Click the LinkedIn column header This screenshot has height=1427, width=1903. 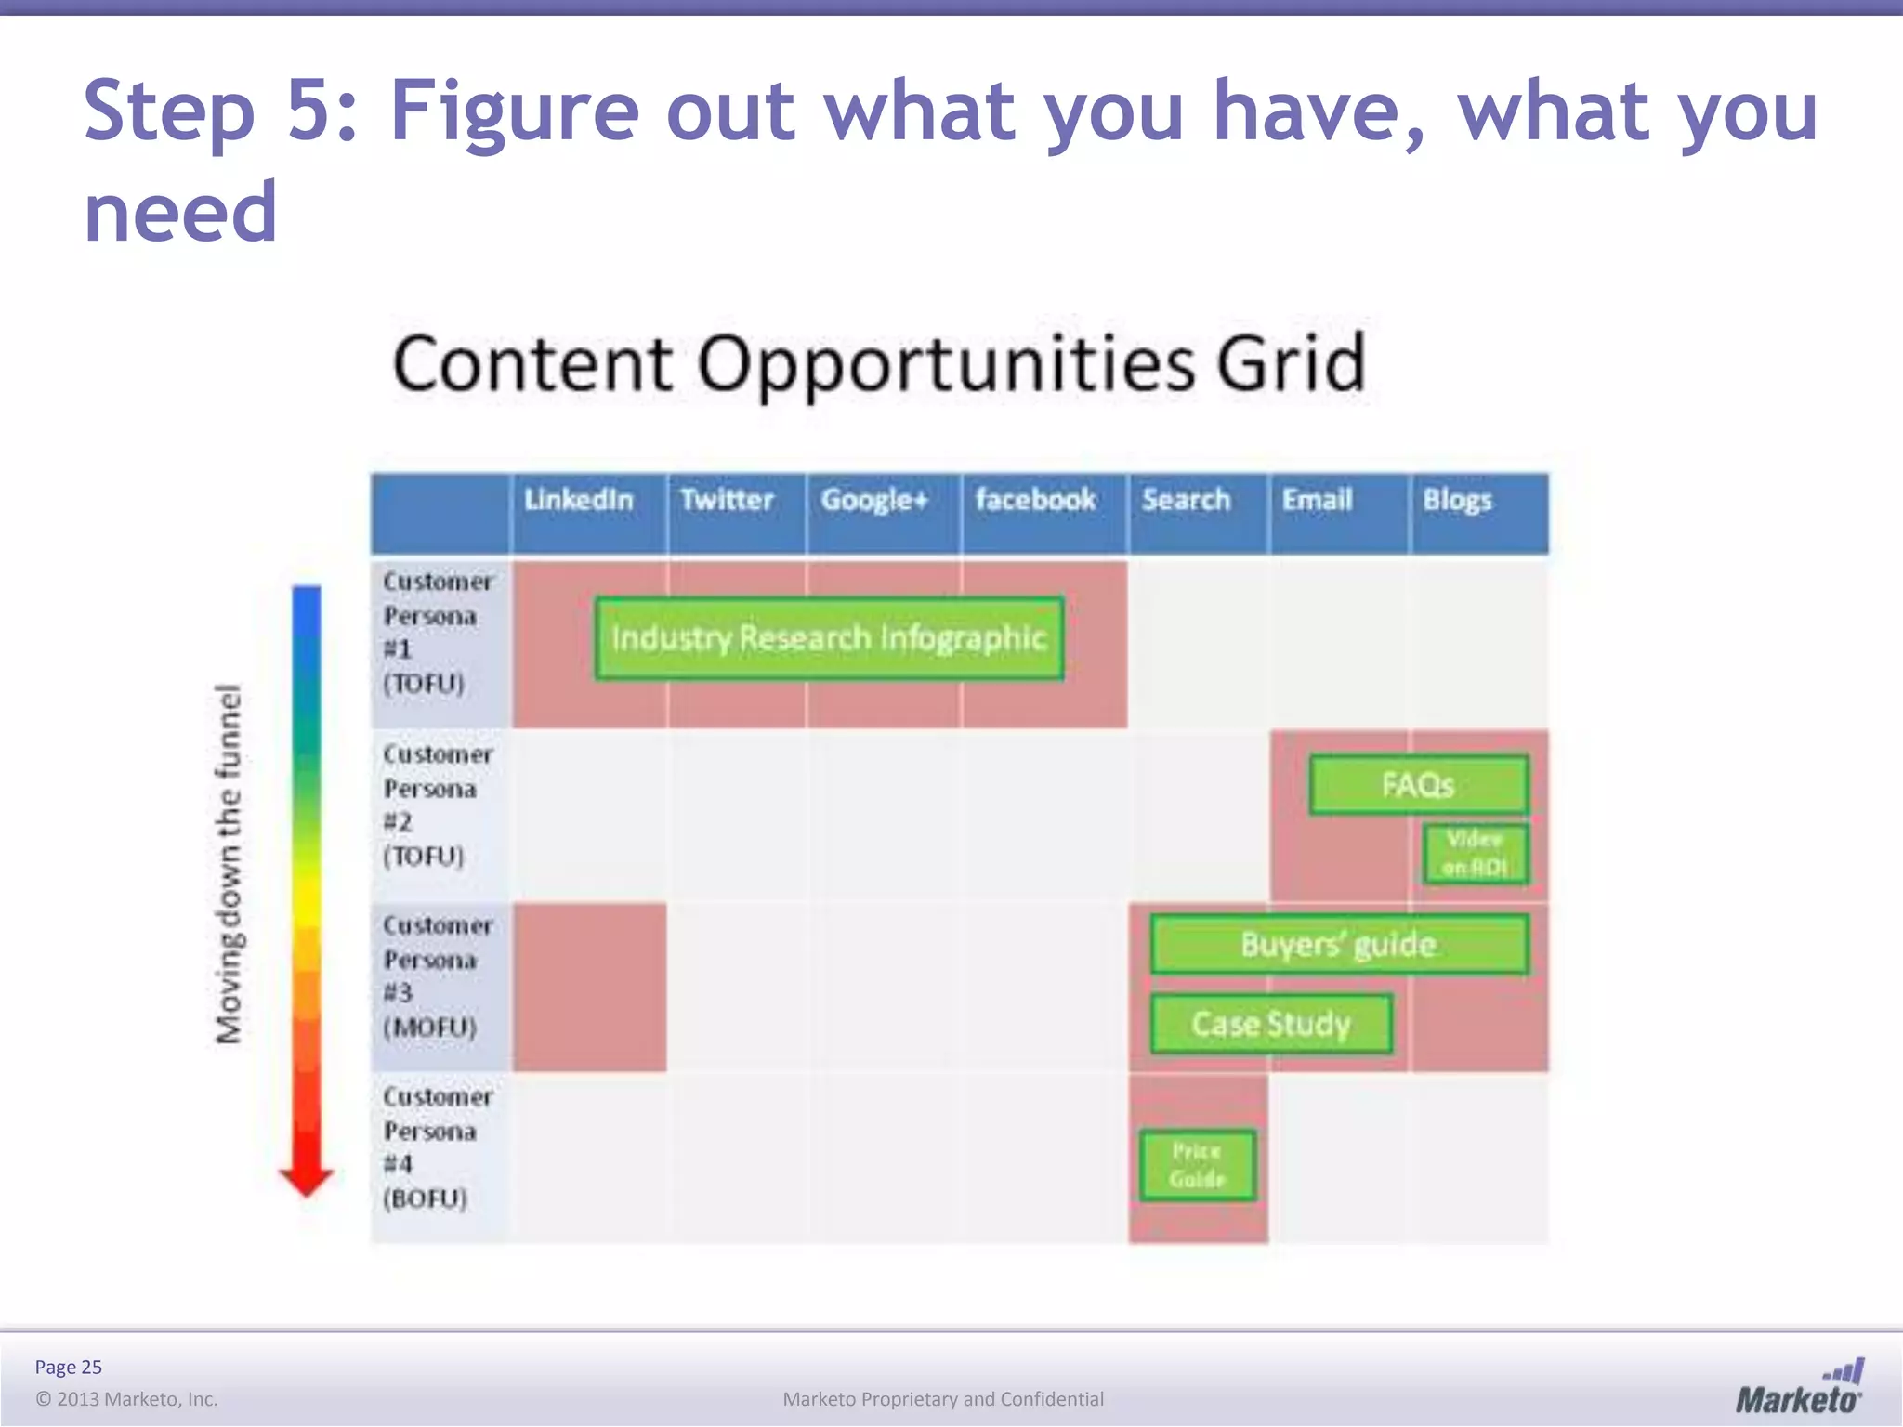tap(578, 501)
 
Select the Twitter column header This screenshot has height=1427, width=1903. tap(727, 501)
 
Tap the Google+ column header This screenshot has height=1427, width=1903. tap(874, 501)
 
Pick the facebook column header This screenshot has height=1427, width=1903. tap(1035, 501)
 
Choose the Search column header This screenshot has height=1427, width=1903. tap(1186, 501)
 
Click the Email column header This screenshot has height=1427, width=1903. tap(1317, 501)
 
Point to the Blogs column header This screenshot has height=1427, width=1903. tap(1457, 501)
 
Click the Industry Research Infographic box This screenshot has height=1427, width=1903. tap(829, 638)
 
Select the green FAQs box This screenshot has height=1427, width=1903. tap(1418, 785)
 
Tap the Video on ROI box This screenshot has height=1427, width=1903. tap(1475, 853)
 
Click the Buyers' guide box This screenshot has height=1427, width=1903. tap(1338, 944)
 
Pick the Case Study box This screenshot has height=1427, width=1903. tap(1270, 1024)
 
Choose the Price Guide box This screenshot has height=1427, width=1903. tap(1197, 1165)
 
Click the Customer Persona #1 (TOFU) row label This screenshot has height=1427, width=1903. tap(438, 633)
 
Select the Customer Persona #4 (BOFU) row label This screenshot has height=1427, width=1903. tap(438, 1147)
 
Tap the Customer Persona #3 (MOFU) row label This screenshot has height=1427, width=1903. tap(438, 976)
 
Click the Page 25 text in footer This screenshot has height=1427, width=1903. tap(68, 1367)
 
